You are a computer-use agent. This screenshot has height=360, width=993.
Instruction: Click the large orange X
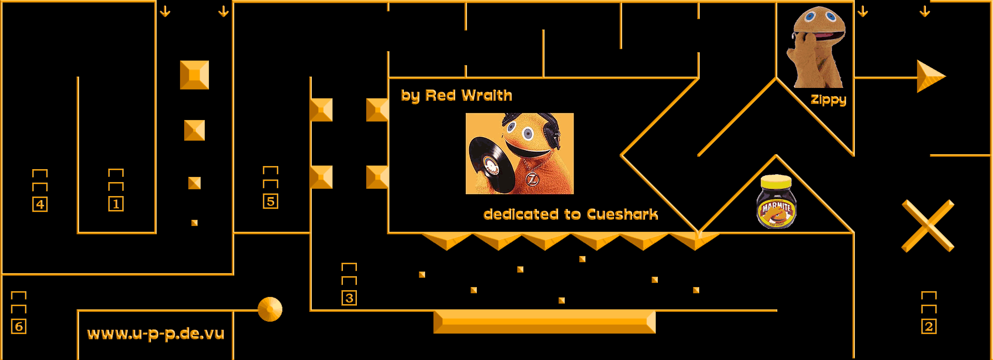[x=928, y=226]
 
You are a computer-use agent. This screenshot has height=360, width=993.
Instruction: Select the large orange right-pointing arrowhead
[x=930, y=77]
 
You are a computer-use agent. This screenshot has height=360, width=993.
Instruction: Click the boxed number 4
[x=40, y=204]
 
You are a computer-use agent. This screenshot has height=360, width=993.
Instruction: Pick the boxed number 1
[x=116, y=204]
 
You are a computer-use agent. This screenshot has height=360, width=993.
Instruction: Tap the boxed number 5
[x=270, y=201]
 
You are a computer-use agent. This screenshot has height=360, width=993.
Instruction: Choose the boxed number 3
[x=349, y=298]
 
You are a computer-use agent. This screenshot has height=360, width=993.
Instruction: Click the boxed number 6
[x=19, y=326]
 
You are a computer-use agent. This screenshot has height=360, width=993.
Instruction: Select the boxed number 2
[x=929, y=326]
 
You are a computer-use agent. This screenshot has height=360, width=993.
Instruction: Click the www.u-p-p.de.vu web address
[x=156, y=334]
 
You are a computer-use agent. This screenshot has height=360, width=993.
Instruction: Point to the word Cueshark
[x=622, y=214]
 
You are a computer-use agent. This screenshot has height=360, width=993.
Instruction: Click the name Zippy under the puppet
[x=828, y=100]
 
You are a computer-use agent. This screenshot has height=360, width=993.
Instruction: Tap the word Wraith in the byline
[x=486, y=95]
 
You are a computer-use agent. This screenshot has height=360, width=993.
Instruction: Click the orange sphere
[x=270, y=309]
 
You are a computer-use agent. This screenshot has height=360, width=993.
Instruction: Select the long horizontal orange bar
[x=544, y=322]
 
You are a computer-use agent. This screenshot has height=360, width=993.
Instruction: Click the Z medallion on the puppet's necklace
[x=532, y=179]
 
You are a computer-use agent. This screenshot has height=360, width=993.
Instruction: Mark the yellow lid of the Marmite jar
[x=776, y=182]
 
